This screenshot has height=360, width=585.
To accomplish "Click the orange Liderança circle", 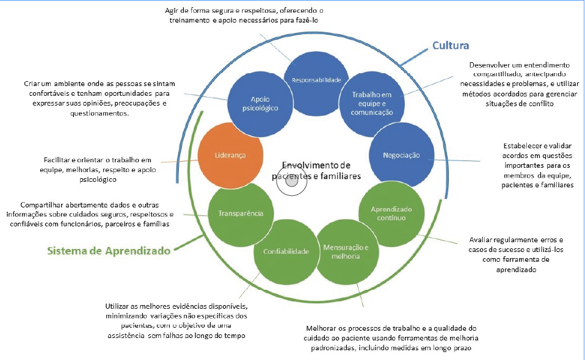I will [x=231, y=155].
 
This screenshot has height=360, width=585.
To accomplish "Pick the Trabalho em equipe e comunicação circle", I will [x=372, y=102].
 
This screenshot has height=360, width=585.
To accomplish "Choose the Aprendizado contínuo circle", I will [x=391, y=214].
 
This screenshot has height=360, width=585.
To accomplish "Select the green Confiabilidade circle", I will [x=286, y=251].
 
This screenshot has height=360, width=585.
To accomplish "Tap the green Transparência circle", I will [x=241, y=214].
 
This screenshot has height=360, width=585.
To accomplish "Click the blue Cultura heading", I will [x=450, y=46].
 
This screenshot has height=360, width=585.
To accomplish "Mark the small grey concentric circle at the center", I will [x=292, y=181].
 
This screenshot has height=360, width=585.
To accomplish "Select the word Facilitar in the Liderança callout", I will [x=59, y=160].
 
